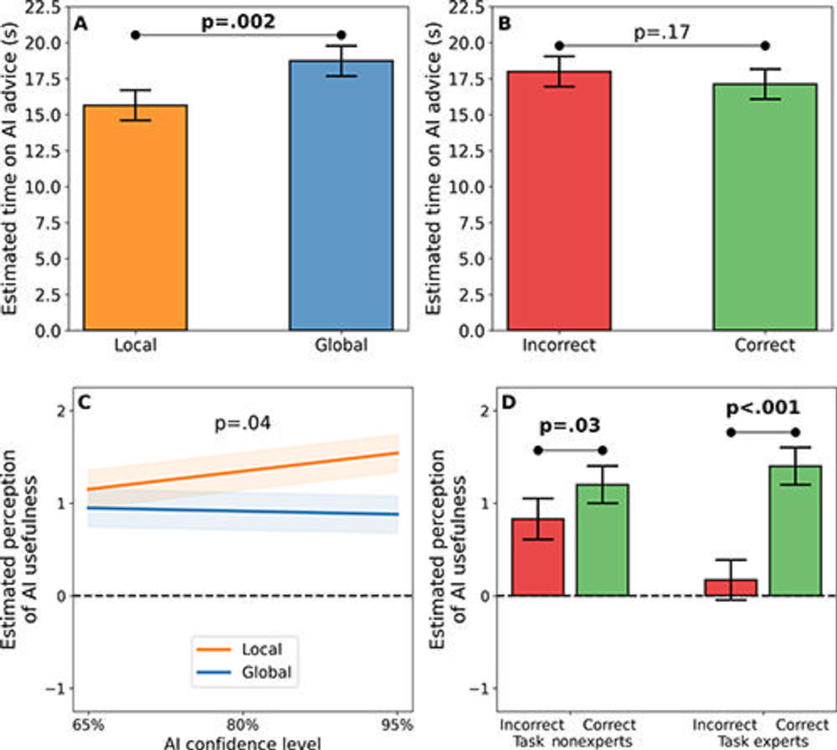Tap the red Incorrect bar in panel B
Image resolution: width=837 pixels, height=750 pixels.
(x=560, y=201)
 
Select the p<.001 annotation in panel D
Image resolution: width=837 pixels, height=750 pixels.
(x=763, y=410)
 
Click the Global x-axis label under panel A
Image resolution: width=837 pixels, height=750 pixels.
(x=341, y=345)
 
